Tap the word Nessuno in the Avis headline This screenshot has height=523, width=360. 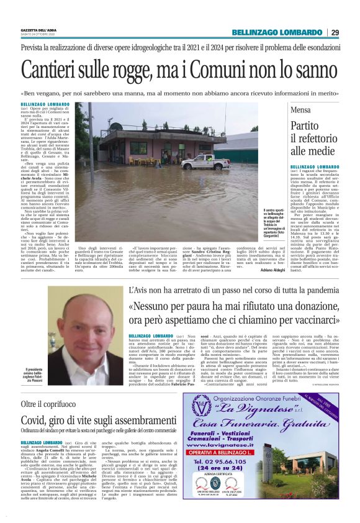click(155, 306)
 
